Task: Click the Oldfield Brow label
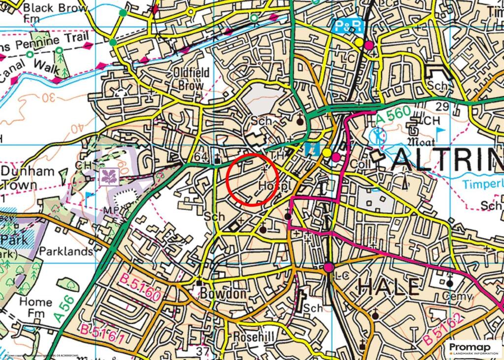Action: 191,79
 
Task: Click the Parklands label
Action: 66,251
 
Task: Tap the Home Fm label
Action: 35,307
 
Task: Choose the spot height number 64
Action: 201,157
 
